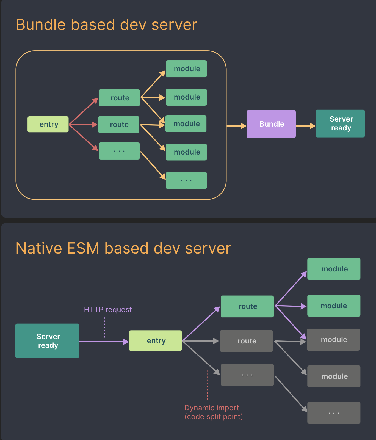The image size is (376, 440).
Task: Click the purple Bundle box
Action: (x=271, y=124)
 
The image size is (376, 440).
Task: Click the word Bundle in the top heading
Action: (x=41, y=25)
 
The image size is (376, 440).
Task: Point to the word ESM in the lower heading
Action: (x=83, y=248)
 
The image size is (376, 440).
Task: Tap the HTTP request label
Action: (x=108, y=310)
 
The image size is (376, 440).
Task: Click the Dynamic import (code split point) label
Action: (x=214, y=412)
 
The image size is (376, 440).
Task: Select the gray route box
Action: (x=247, y=341)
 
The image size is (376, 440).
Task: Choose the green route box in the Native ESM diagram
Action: (x=247, y=306)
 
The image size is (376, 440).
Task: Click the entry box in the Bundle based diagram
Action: (x=48, y=124)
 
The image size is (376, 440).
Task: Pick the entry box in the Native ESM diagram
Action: (x=155, y=340)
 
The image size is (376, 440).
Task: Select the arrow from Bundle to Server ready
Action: (x=306, y=126)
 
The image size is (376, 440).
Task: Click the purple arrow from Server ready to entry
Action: (x=104, y=342)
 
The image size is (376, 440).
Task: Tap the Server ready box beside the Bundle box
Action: (x=340, y=123)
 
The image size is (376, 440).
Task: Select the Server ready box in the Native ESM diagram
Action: (x=47, y=341)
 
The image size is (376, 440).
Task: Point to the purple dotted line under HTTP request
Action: (x=105, y=327)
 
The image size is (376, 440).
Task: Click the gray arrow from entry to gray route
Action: (x=201, y=341)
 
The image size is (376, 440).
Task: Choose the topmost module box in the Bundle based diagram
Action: (x=186, y=69)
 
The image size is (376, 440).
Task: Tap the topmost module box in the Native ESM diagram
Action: (x=334, y=269)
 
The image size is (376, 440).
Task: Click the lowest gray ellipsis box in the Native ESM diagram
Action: (x=334, y=413)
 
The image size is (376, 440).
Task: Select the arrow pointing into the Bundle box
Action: (x=236, y=126)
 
